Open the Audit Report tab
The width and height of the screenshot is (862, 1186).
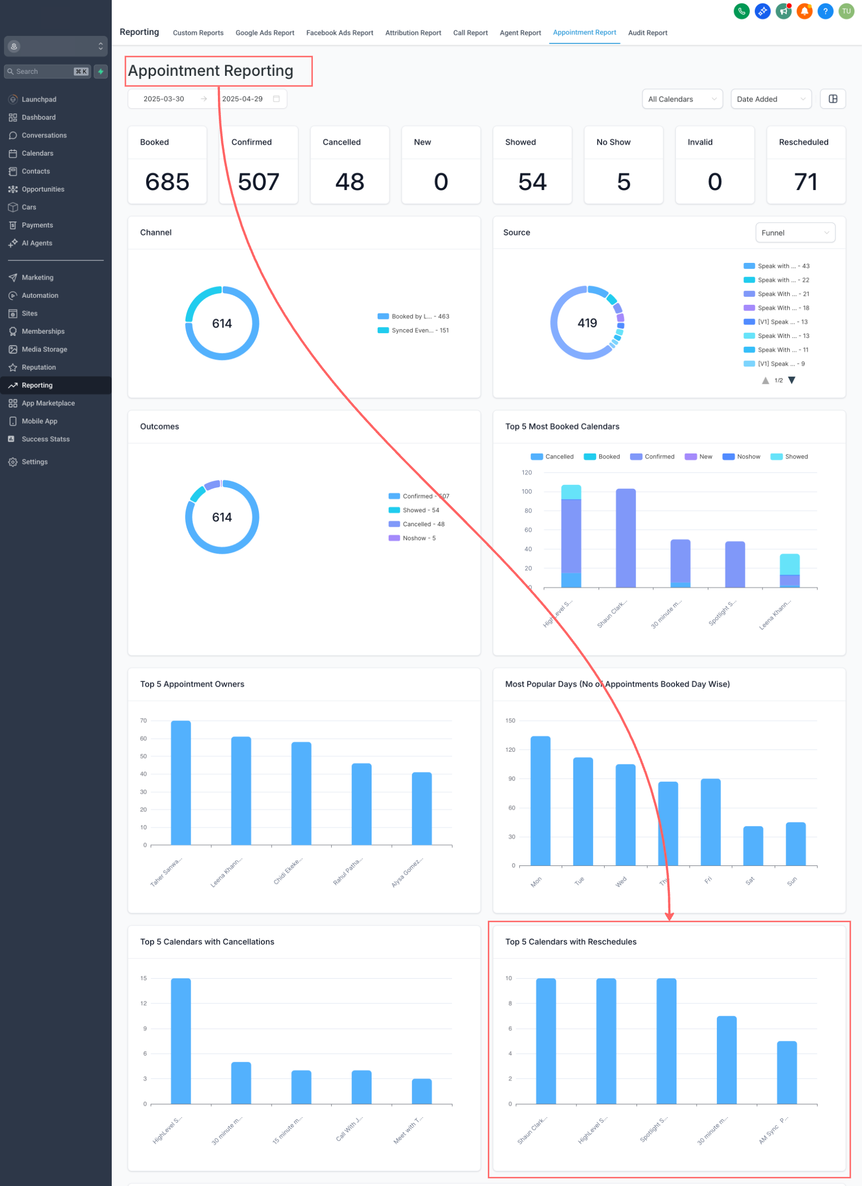(647, 33)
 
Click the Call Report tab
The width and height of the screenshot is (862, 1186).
(470, 33)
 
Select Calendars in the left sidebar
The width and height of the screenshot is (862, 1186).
(37, 153)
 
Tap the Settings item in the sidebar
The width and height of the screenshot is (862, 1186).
(34, 462)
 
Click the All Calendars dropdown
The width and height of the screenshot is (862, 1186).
(682, 100)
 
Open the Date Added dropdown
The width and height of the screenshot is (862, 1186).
(770, 100)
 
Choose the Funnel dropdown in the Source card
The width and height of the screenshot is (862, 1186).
(795, 233)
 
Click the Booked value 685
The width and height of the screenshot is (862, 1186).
(167, 182)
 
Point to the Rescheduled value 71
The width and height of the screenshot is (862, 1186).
(805, 182)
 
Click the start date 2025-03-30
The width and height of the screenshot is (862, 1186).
(164, 99)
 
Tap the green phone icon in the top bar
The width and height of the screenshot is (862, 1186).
(741, 11)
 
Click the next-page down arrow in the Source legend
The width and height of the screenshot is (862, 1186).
(791, 380)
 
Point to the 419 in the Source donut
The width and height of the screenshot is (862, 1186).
(587, 323)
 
